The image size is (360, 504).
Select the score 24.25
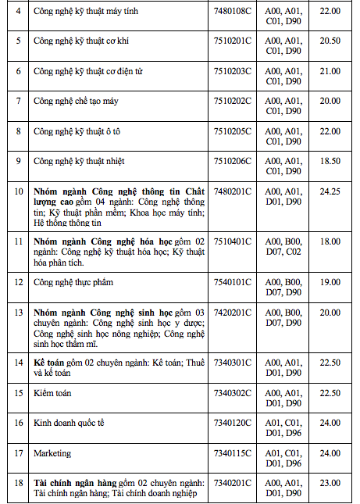pyautogui.click(x=330, y=191)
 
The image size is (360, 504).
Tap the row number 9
pyautogui.click(x=18, y=161)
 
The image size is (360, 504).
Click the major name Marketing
pyautogui.click(x=52, y=453)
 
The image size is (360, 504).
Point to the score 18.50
pyautogui.click(x=330, y=161)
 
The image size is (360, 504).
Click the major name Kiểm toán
pyautogui.click(x=53, y=393)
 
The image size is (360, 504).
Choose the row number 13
pyautogui.click(x=18, y=312)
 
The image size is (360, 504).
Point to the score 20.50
pyautogui.click(x=330, y=41)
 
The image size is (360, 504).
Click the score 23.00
pyautogui.click(x=330, y=483)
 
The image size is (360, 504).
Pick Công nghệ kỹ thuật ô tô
pyautogui.click(x=77, y=131)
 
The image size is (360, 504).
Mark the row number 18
pyautogui.click(x=18, y=483)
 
